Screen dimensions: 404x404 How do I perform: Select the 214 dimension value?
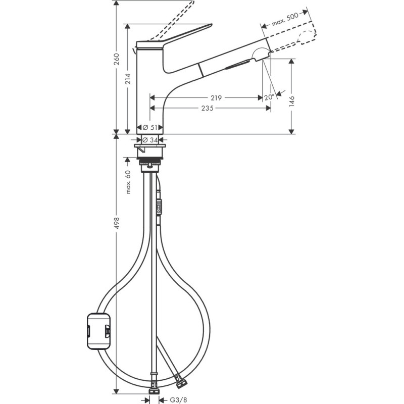128,78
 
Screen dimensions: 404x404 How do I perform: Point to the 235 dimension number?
208,108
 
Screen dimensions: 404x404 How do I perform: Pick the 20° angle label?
269,97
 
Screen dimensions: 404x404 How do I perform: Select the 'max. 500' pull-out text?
285,19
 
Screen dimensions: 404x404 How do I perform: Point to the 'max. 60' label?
128,182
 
